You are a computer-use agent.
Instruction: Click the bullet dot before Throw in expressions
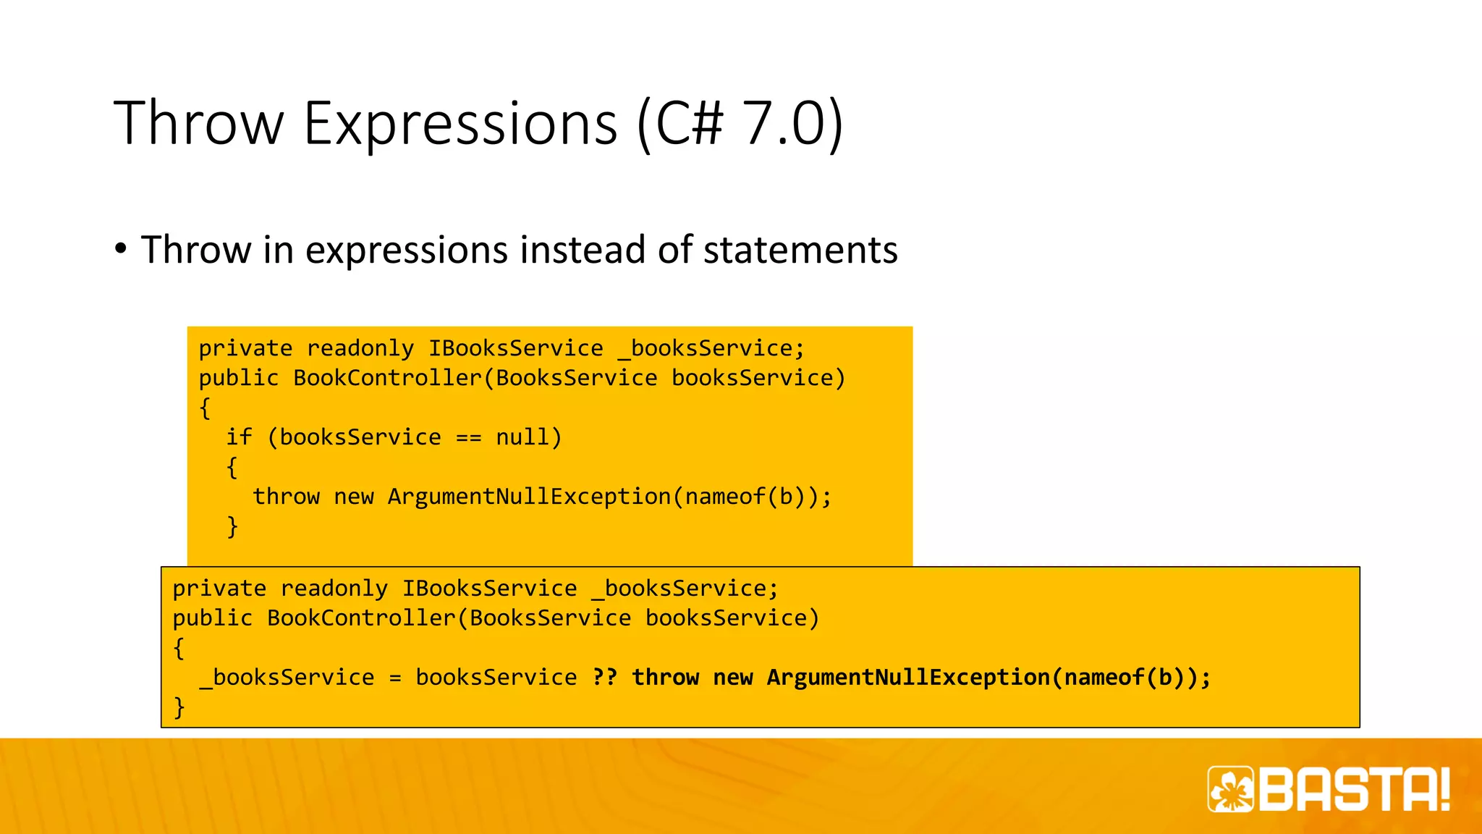pyautogui.click(x=121, y=248)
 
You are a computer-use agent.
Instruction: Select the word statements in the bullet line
pyautogui.click(x=800, y=250)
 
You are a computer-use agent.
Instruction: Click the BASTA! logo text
pyautogui.click(x=1354, y=789)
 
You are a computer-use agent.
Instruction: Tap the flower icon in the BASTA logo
pyautogui.click(x=1231, y=789)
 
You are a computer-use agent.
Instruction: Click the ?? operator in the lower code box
pyautogui.click(x=604, y=678)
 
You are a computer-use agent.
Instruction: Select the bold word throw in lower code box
pyautogui.click(x=665, y=678)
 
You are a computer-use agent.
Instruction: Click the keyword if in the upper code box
pyautogui.click(x=239, y=437)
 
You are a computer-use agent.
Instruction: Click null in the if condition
pyautogui.click(x=522, y=437)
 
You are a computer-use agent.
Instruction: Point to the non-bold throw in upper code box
pyautogui.click(x=286, y=497)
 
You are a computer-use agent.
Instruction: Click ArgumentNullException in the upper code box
pyautogui.click(x=529, y=497)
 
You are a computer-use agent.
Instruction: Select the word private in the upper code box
pyautogui.click(x=245, y=349)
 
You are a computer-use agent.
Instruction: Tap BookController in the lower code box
pyautogui.click(x=361, y=618)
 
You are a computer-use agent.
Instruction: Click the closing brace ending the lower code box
pyautogui.click(x=179, y=707)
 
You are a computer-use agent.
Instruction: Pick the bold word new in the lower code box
pyautogui.click(x=732, y=678)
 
